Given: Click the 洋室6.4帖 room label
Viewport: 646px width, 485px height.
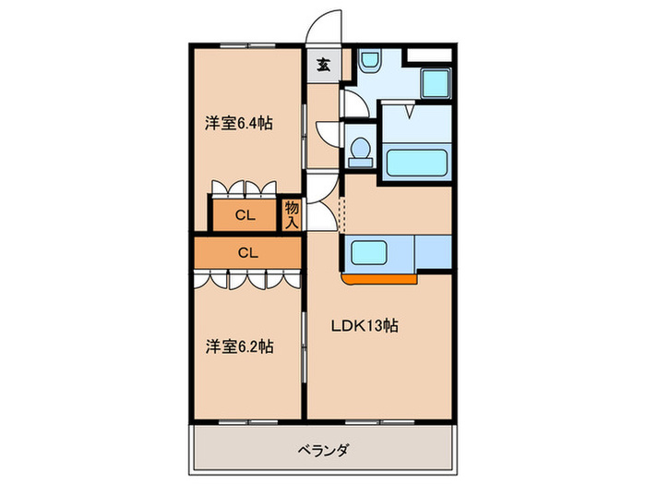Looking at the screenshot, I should (238, 123).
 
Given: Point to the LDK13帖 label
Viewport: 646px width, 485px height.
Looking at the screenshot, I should (365, 326).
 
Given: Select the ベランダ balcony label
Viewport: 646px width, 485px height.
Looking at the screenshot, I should (323, 450).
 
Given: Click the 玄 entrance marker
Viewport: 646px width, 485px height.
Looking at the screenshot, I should (324, 65).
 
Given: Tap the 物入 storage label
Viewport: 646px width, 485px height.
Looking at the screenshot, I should (292, 214).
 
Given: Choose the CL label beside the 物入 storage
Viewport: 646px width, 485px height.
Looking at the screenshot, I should (245, 216).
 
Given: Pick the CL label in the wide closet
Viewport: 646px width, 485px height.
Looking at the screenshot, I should (248, 250).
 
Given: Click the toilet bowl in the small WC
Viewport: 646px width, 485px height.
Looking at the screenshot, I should (361, 150).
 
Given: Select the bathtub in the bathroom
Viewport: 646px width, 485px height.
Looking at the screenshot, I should (416, 163).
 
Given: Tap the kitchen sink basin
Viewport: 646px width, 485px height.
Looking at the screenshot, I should (377, 250).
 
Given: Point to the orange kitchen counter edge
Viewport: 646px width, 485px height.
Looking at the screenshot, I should (378, 275).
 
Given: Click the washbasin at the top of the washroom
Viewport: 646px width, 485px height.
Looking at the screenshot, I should (369, 62).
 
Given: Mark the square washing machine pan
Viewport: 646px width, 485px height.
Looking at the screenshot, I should (434, 82).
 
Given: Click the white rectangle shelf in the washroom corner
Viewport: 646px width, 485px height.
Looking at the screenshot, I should (429, 54).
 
